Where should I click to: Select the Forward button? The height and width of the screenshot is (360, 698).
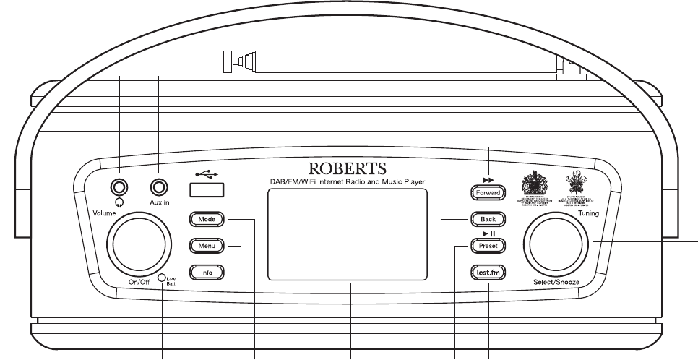coord(488,193)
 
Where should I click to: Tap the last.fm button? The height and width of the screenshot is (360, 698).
coord(488,273)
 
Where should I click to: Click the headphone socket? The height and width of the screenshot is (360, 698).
coord(119,187)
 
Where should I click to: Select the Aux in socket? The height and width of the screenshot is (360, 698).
coord(159,187)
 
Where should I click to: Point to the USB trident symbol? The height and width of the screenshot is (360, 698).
coord(207,173)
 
